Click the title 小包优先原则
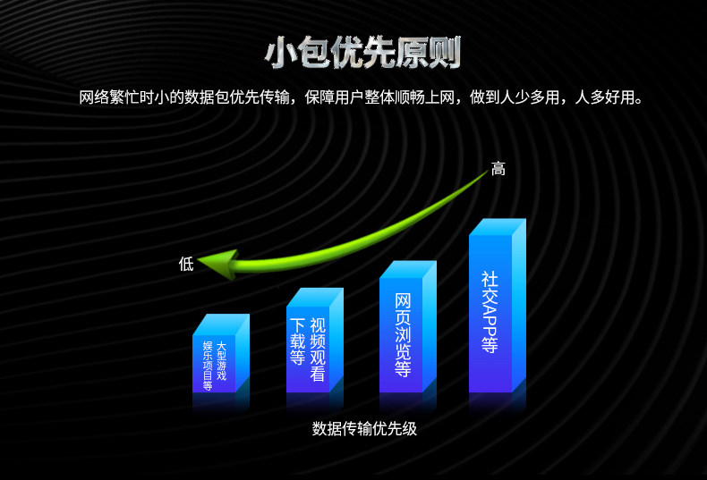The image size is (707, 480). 363,53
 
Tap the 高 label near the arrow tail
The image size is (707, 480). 498,169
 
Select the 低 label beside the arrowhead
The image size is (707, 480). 186,264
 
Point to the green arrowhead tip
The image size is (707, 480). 199,260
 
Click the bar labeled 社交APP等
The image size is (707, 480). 498,306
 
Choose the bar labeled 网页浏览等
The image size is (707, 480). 408,326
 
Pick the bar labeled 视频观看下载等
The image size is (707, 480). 315,340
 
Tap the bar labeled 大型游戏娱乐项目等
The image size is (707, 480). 221,353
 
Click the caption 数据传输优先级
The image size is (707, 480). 364,429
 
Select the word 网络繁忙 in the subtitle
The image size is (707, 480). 109,97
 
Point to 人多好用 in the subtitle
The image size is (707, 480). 604,97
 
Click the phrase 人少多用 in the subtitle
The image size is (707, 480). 529,97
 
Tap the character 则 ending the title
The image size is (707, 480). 445,53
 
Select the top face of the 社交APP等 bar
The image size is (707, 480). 498,227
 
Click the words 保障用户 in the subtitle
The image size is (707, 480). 334,97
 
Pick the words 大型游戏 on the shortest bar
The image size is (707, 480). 221,361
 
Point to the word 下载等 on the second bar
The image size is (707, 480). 298,341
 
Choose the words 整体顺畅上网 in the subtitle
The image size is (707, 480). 409,97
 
